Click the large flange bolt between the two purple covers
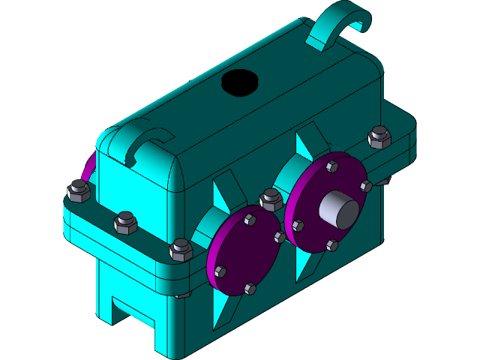click(271, 199)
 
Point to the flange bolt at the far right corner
click(379, 137)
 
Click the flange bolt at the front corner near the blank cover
click(181, 249)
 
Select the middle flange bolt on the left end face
click(124, 222)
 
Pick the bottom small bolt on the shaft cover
click(332, 245)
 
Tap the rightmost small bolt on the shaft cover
click(366, 185)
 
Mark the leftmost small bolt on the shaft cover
click(298, 225)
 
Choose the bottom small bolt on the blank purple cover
click(250, 288)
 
